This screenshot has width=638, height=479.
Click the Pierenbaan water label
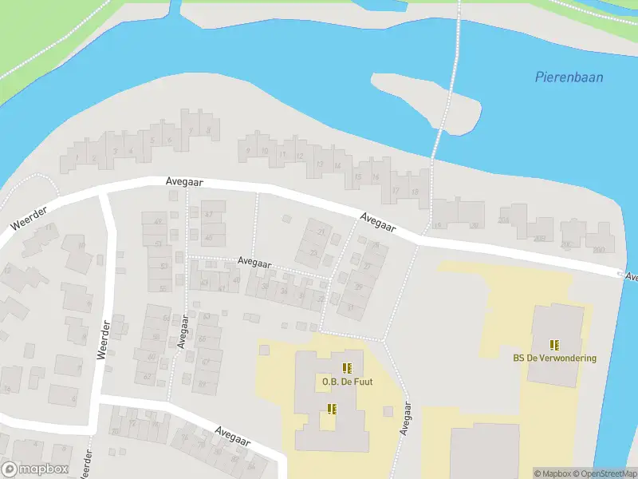point(569,77)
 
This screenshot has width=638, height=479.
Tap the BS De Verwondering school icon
point(555,345)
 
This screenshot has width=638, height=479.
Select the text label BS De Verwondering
point(554,358)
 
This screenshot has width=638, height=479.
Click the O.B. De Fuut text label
point(347,382)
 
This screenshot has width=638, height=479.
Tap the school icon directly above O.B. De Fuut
point(347,368)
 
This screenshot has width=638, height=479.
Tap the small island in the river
point(427,100)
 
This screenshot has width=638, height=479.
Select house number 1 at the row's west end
point(77,157)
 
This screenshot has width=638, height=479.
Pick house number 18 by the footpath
point(415,192)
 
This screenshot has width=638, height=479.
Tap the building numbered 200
point(599,250)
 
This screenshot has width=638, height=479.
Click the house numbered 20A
point(503,220)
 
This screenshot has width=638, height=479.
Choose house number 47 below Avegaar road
point(209,215)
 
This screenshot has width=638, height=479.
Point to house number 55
point(163,289)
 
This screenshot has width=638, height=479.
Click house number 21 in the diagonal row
point(321,232)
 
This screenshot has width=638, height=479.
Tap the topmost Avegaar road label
point(185,182)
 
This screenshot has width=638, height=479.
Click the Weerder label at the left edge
point(30,218)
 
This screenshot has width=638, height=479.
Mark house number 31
point(350,307)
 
